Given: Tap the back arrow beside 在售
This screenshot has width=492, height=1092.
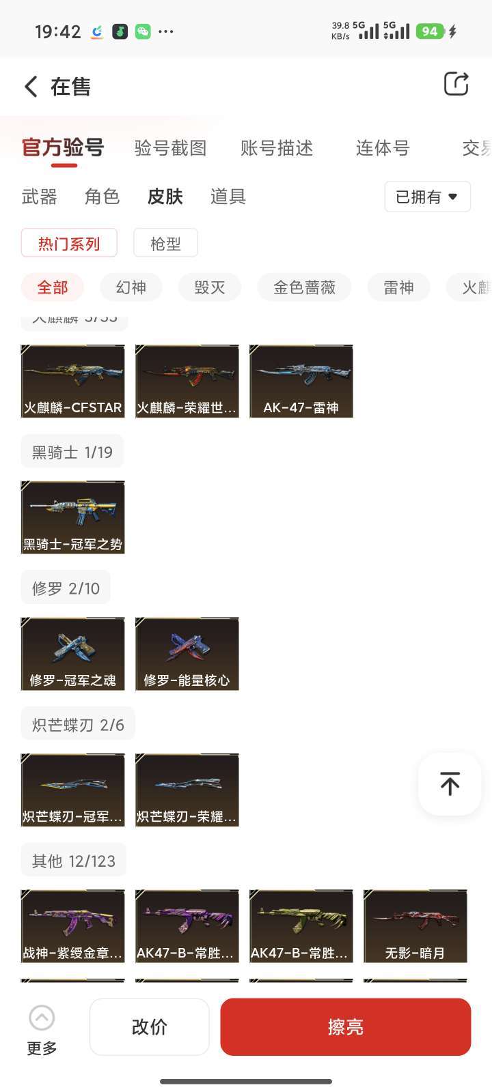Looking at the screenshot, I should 31,87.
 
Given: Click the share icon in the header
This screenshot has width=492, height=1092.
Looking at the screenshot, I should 456,84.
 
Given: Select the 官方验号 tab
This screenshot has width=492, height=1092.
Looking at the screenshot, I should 63,147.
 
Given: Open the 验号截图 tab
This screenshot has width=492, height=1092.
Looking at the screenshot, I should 170,148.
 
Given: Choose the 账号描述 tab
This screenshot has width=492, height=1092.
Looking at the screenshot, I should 277,148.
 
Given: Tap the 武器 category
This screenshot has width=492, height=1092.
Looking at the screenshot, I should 40,197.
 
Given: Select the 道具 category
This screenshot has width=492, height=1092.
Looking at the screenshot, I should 228,197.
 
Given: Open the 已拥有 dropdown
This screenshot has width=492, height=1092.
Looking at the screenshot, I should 427,197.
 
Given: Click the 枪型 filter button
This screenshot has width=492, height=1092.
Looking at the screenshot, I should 165,243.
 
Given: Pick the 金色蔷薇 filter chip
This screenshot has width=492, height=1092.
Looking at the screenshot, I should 304,287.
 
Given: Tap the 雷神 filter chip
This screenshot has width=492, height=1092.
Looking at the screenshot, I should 398,287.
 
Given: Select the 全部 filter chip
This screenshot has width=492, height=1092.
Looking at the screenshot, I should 53,287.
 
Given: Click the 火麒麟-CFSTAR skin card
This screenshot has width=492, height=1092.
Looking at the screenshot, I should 73,381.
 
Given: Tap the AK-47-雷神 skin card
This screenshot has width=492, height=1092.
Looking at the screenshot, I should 301,381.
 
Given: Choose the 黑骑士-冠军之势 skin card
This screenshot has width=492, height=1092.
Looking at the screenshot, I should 73,517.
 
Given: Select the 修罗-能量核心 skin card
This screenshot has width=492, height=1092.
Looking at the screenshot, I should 187,654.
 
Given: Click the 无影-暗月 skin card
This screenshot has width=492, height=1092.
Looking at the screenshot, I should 415,926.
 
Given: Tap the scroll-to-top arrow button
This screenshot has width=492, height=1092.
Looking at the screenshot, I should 450,784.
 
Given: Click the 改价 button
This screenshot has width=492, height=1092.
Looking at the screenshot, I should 149,1026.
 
